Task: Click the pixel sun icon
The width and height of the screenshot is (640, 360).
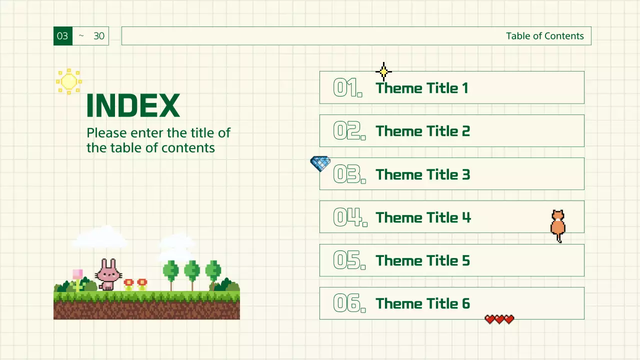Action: tap(68, 81)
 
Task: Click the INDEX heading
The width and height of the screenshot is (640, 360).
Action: tap(133, 105)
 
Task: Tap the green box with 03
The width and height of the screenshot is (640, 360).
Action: tap(63, 36)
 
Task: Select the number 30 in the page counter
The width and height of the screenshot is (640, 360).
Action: tap(99, 36)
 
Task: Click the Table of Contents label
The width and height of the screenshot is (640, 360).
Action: tap(544, 36)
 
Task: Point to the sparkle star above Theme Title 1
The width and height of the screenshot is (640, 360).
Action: tap(383, 72)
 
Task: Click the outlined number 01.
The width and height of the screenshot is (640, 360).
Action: tap(347, 88)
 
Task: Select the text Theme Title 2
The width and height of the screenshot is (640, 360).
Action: tap(422, 131)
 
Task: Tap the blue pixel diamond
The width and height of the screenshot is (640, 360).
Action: tap(320, 163)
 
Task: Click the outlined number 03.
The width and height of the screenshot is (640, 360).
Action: tap(349, 174)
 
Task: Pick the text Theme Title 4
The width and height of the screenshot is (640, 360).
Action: tap(423, 217)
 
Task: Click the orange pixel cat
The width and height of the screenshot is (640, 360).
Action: tap(558, 225)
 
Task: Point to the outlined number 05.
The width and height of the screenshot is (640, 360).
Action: tap(349, 260)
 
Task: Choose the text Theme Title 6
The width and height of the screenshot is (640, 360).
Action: tap(422, 303)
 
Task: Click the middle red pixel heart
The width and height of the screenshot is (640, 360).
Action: tap(499, 319)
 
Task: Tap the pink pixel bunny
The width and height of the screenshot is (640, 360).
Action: tap(108, 274)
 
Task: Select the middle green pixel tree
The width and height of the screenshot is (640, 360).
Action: tap(192, 272)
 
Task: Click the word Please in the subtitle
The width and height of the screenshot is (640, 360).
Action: tap(106, 133)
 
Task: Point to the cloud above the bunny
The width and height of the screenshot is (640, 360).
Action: tap(100, 237)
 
